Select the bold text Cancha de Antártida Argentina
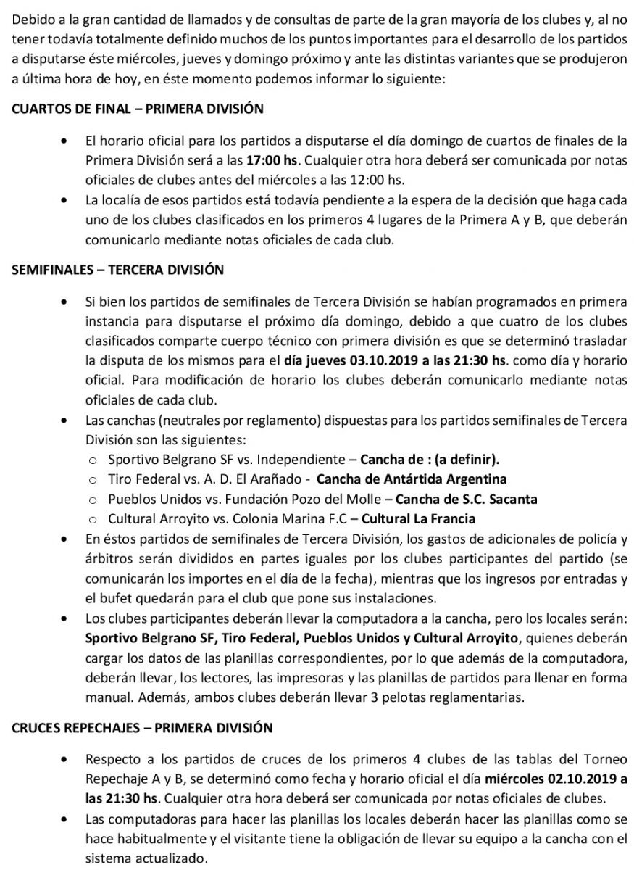pyautogui.click(x=412, y=478)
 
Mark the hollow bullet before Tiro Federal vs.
pyautogui.click(x=93, y=479)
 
